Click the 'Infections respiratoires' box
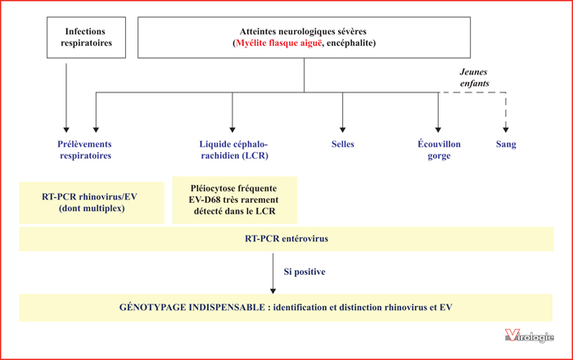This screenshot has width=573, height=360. (x=86, y=38)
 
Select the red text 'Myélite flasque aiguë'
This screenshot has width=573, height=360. (x=279, y=43)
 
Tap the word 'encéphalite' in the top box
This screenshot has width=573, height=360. (x=350, y=43)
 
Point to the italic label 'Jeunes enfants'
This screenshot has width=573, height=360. (x=474, y=78)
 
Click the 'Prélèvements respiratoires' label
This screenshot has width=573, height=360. (x=85, y=150)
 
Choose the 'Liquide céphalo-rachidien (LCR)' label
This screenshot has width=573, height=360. (x=234, y=150)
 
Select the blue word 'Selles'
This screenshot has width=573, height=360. (x=343, y=144)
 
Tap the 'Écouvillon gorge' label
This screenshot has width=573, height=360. (x=439, y=150)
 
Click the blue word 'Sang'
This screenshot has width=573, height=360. (x=506, y=144)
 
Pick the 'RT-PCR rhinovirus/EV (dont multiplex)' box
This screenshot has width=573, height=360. (x=92, y=203)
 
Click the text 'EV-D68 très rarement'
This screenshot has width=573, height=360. (x=234, y=200)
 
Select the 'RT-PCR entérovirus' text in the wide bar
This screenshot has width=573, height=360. (x=286, y=239)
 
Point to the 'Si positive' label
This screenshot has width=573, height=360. (x=305, y=272)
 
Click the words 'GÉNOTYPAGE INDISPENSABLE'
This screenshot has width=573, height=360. (x=192, y=308)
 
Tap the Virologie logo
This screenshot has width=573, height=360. (x=529, y=335)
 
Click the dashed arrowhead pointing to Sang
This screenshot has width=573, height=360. (x=506, y=130)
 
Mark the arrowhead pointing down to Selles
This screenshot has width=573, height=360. (x=342, y=130)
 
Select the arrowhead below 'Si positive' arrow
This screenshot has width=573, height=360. (x=273, y=291)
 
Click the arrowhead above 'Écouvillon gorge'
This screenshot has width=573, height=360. (x=438, y=130)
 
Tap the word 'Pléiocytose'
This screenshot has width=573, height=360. (x=212, y=189)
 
